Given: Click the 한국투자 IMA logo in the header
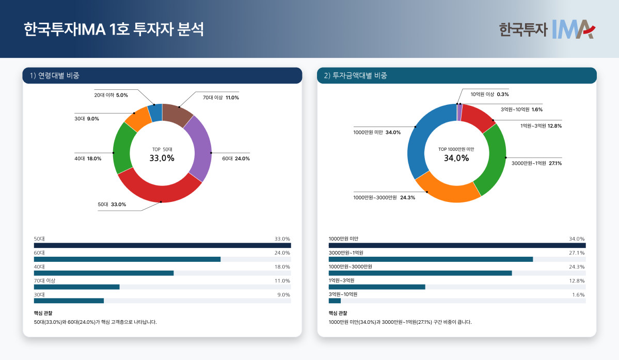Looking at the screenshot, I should pyautogui.click(x=547, y=29).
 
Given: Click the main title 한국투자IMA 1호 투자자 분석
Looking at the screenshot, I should pyautogui.click(x=114, y=29).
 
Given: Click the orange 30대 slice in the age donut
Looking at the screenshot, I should pyautogui.click(x=137, y=118).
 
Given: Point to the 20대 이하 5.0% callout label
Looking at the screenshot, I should pyautogui.click(x=110, y=95).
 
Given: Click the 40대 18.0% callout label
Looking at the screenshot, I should pyautogui.click(x=88, y=159).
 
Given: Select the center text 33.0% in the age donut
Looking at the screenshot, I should pyautogui.click(x=162, y=159).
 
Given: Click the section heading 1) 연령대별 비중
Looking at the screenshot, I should pyautogui.click(x=54, y=76).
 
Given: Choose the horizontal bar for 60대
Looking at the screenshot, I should pyautogui.click(x=127, y=259).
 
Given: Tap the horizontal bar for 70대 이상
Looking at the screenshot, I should pyautogui.click(x=76, y=287).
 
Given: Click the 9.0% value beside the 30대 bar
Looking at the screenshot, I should pyautogui.click(x=283, y=295).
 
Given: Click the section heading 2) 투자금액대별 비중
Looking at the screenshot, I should pyautogui.click(x=355, y=76).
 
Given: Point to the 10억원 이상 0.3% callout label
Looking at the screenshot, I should pyautogui.click(x=489, y=95).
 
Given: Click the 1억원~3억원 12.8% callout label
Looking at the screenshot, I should pyautogui.click(x=541, y=126).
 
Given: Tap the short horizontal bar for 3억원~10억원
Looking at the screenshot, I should pyautogui.click(x=335, y=301).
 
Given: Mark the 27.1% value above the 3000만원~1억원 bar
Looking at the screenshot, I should pyautogui.click(x=577, y=253).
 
